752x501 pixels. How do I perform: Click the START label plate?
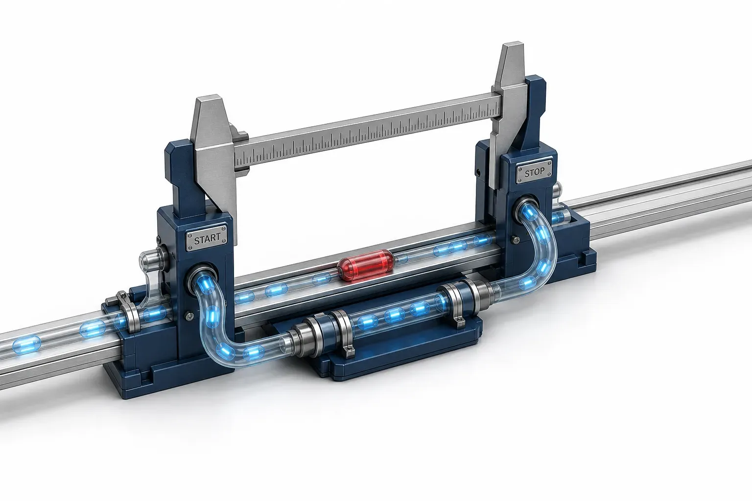pos(206,238)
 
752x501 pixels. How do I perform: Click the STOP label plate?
pos(534,172)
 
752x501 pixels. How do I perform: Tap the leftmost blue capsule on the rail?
pos(27,345)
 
